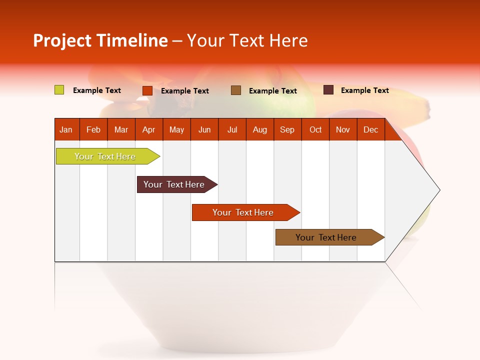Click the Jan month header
click(66, 129)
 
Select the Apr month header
click(148, 129)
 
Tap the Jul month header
click(232, 129)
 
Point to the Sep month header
click(287, 129)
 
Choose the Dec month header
click(370, 129)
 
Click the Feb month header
click(93, 129)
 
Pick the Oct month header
click(315, 129)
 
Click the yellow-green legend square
click(59, 90)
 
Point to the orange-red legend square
click(147, 90)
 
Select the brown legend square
click(236, 90)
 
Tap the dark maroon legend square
click(328, 90)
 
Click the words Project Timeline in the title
click(100, 40)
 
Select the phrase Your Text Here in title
click(247, 40)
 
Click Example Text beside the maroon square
click(364, 90)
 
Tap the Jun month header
click(204, 129)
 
